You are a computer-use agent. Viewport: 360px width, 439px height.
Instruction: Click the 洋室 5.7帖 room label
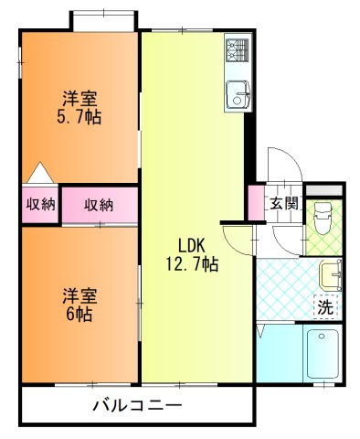coord(79,108)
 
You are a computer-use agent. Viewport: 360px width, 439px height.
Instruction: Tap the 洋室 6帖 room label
coord(79,305)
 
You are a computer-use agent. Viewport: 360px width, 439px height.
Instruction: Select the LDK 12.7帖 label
coord(192,255)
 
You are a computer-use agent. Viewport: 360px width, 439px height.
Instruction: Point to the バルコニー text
coord(137,405)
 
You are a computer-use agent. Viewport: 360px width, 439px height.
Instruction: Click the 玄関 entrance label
coord(284,203)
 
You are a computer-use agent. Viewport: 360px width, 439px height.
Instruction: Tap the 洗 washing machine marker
coord(325,307)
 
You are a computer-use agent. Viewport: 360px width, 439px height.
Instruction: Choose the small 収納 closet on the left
coord(40,204)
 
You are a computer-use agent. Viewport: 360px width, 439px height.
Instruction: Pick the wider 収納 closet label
coord(99,205)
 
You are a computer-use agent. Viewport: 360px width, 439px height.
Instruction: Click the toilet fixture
coord(323,219)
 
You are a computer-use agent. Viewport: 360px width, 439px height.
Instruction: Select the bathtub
coord(323,354)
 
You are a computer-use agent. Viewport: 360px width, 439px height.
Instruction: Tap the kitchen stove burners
coord(238,51)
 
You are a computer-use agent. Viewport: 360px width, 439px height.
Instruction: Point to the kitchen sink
coord(238,94)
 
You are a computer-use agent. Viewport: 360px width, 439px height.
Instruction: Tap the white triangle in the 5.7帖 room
coord(40,173)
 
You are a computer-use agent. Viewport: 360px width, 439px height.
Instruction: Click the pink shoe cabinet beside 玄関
coord(256,202)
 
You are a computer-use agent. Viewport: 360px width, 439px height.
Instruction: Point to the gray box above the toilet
coord(323,190)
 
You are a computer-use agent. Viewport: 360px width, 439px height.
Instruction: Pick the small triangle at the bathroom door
coord(261,331)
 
